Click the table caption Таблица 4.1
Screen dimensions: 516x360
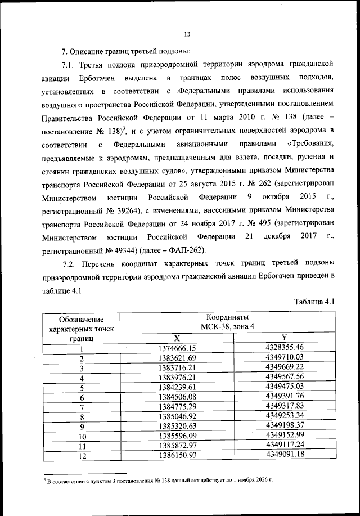tap(314, 302)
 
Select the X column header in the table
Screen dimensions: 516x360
tap(177, 338)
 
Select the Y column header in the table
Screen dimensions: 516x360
tap(285, 338)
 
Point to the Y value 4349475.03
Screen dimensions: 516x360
tap(285, 387)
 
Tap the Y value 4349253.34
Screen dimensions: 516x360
tap(285, 416)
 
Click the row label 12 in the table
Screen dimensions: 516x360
tap(82, 456)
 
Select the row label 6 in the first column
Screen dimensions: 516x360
tap(82, 397)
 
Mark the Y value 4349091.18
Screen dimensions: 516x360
tap(285, 455)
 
